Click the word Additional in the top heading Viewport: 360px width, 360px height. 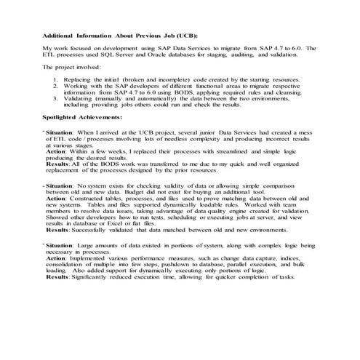tap(60, 34)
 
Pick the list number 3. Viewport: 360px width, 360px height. tap(57, 98)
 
